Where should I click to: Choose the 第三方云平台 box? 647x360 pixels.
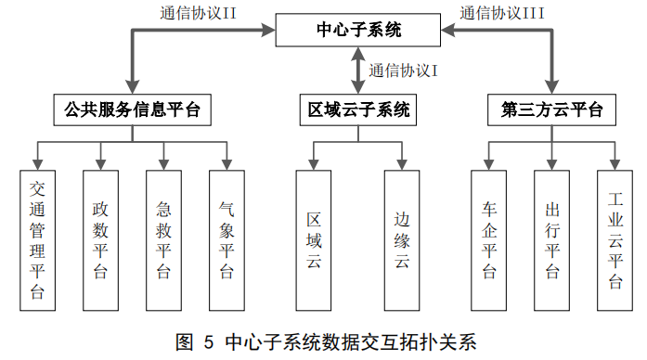pyautogui.click(x=552, y=111)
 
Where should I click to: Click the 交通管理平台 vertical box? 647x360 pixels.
pyautogui.click(x=37, y=240)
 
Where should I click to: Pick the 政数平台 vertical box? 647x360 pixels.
pyautogui.click(x=100, y=240)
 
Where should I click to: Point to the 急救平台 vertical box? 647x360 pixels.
pyautogui.click(x=163, y=240)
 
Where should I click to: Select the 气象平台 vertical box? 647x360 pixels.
pyautogui.click(x=226, y=240)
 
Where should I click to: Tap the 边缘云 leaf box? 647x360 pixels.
pyautogui.click(x=402, y=240)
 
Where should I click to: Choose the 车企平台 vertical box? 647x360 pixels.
pyautogui.click(x=489, y=240)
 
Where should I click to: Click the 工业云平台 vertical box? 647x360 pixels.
pyautogui.click(x=615, y=240)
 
